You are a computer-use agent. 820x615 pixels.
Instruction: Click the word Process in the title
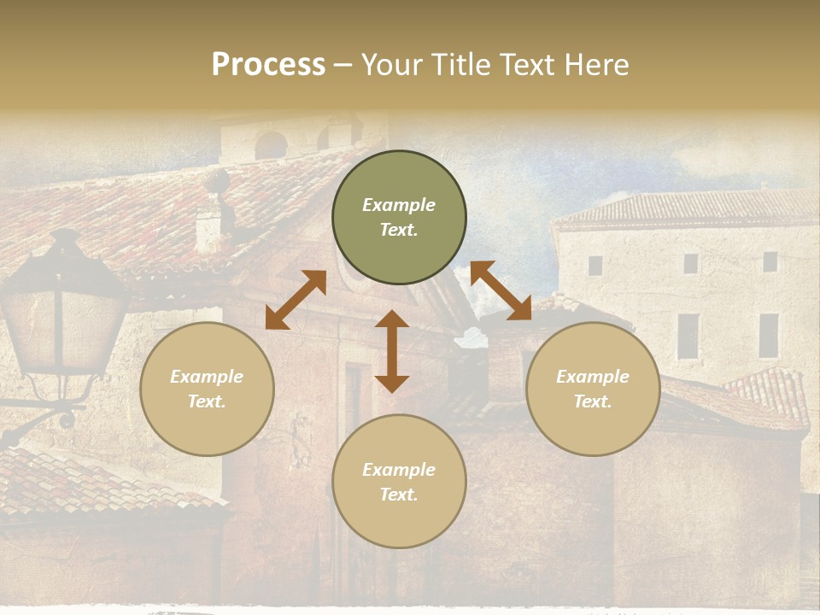[268, 65]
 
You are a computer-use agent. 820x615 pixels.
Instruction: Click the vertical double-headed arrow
[392, 351]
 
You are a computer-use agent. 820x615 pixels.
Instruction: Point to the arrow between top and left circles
[296, 300]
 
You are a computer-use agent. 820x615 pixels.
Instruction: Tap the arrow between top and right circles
[501, 290]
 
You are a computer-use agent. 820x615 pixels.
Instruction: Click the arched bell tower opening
[271, 144]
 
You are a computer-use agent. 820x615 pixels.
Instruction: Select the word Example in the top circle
[399, 205]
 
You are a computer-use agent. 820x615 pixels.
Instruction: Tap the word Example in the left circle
[207, 377]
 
